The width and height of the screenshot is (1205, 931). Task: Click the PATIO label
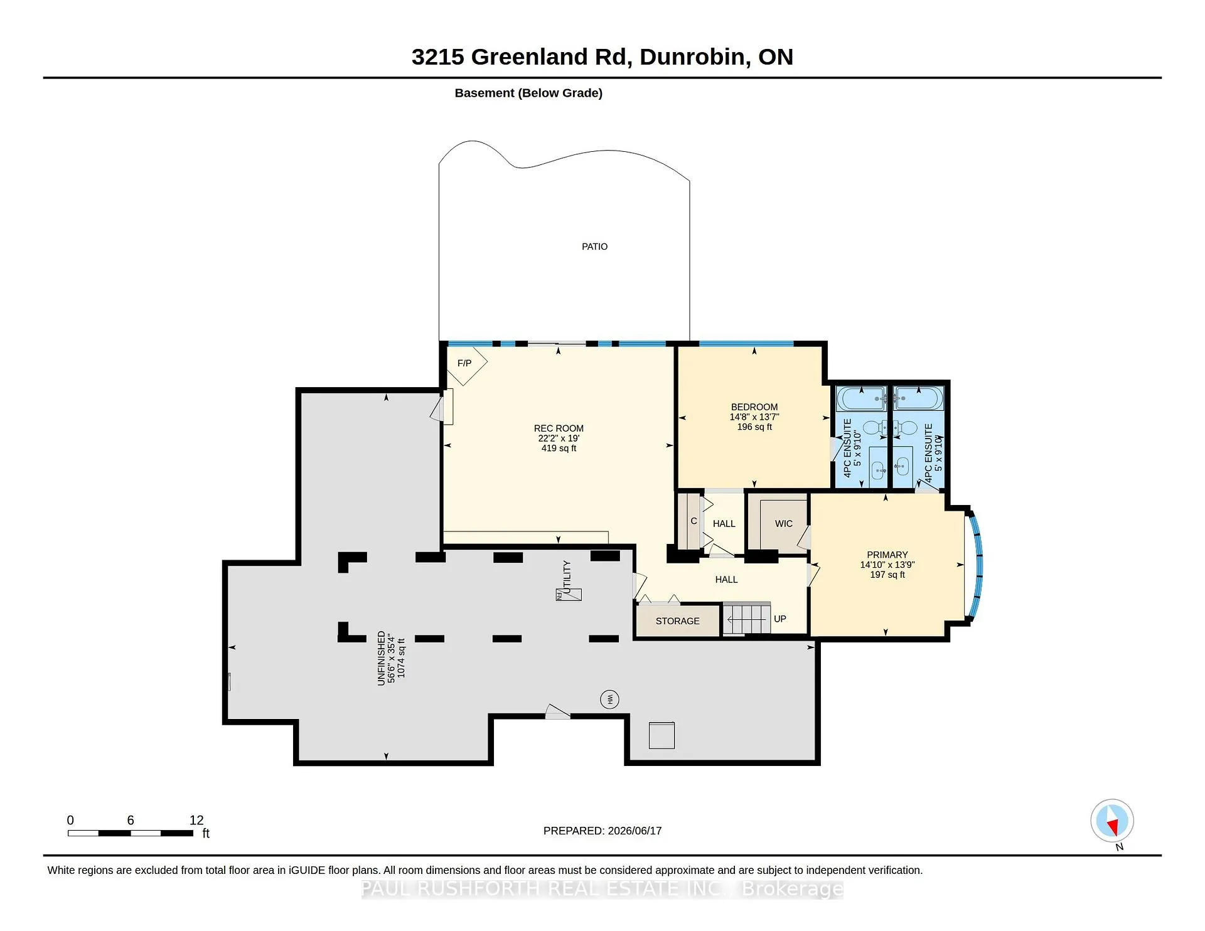(x=594, y=247)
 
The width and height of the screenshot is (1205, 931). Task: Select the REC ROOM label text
(x=559, y=428)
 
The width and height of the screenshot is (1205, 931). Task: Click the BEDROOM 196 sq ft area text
(x=754, y=427)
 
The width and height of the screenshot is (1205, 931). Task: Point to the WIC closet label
(x=784, y=524)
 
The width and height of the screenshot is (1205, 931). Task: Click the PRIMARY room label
(x=887, y=555)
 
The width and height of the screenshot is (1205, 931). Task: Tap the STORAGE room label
(x=677, y=621)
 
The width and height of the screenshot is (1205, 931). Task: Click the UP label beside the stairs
(x=780, y=619)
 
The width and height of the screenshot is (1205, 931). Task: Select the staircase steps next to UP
(x=746, y=619)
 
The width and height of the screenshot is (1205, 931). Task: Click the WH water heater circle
(x=609, y=699)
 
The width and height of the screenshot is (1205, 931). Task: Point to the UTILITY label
(x=567, y=577)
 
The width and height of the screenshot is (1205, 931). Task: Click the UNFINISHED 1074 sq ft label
(x=391, y=657)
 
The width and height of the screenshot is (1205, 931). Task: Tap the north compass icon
(x=1112, y=821)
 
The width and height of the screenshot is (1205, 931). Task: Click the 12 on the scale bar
(x=196, y=821)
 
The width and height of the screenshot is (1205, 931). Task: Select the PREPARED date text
(x=602, y=831)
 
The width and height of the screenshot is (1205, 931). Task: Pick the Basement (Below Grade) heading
(x=528, y=93)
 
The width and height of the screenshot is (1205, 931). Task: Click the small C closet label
(x=694, y=521)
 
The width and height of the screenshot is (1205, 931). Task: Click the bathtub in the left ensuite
(x=862, y=398)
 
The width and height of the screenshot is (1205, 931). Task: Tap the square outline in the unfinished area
(x=661, y=735)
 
